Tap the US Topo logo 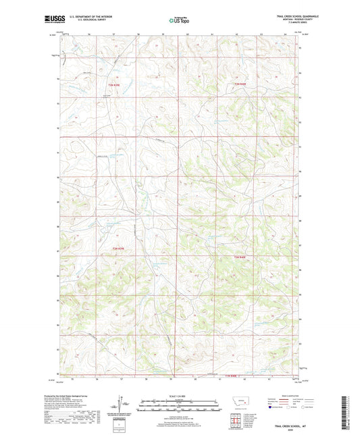[x=179, y=21]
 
